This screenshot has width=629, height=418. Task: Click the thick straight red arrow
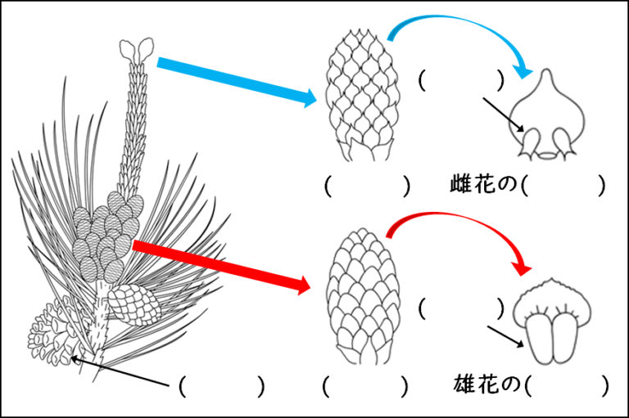pyautogui.click(x=221, y=264)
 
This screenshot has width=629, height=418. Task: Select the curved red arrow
pyautogui.click(x=459, y=225)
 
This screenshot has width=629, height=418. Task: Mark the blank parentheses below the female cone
pyautogui.click(x=365, y=186)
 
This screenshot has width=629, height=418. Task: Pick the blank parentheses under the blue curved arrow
pyautogui.click(x=460, y=80)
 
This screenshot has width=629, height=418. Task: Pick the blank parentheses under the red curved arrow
pyautogui.click(x=460, y=308)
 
